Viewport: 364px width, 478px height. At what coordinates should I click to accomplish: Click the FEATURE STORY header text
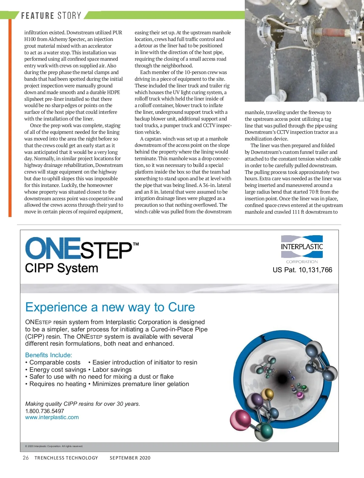51,15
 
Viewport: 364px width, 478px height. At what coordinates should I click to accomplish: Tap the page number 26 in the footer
26,458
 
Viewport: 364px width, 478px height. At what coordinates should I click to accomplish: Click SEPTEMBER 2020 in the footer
130,458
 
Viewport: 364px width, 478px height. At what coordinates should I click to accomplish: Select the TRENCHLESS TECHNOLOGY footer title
66,458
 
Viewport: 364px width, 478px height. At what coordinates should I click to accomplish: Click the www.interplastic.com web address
52,417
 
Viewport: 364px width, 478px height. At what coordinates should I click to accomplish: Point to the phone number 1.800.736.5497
45,411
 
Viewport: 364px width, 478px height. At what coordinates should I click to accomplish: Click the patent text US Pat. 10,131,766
302,270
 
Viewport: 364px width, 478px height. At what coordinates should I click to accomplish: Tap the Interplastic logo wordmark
302,246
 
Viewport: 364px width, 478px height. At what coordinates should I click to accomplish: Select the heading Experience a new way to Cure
110,307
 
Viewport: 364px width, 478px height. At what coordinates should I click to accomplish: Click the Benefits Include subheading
49,355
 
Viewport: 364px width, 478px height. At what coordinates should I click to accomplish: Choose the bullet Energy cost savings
58,370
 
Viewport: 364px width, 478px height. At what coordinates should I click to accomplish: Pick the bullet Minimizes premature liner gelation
140,384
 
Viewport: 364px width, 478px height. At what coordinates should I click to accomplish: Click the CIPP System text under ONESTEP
62,268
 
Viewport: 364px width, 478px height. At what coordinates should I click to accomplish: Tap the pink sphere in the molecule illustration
240,420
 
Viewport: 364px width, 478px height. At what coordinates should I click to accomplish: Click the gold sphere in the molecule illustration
267,394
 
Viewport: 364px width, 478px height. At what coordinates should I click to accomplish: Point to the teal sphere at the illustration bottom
263,431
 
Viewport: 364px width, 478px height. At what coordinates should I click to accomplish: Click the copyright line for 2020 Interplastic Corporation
54,446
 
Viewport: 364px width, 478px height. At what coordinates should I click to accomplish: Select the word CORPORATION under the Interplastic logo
302,262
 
